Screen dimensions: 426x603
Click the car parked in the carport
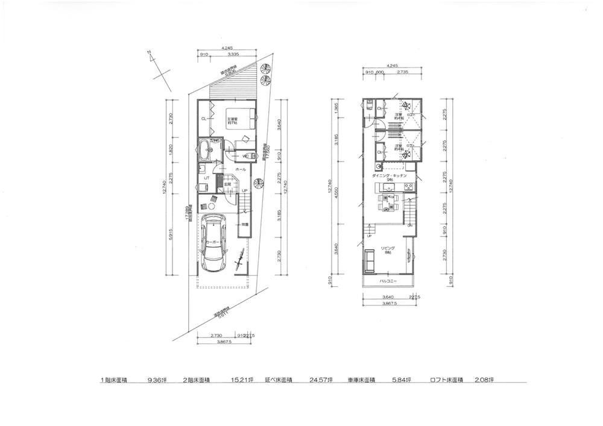(215, 242)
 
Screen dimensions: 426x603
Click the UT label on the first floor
(206, 178)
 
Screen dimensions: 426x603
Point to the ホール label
(239, 171)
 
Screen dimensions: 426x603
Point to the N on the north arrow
(150, 54)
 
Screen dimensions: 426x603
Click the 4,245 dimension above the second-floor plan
(392, 65)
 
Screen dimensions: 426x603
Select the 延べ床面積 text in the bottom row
(277, 380)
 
